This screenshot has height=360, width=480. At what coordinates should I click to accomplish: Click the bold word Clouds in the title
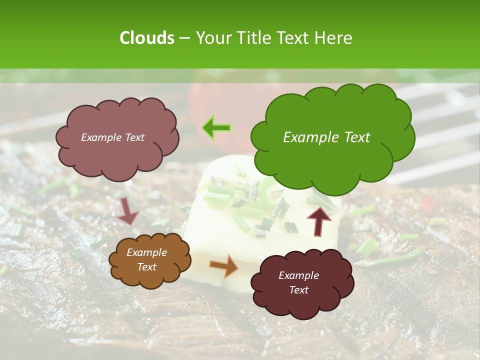pyautogui.click(x=146, y=38)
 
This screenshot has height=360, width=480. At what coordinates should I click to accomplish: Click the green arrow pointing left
pyautogui.click(x=216, y=128)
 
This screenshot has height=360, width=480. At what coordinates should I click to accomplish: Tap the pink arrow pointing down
pyautogui.click(x=127, y=211)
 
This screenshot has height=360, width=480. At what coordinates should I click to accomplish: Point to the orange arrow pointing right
pyautogui.click(x=224, y=265)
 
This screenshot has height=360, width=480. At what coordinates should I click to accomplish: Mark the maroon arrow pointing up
pyautogui.click(x=319, y=220)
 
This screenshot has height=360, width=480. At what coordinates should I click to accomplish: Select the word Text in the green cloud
pyautogui.click(x=356, y=137)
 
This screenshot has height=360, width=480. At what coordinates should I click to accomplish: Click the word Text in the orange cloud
pyautogui.click(x=147, y=267)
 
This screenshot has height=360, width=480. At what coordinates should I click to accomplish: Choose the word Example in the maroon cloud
pyautogui.click(x=298, y=275)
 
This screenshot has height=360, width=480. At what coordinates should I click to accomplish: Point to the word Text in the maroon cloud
pyautogui.click(x=298, y=290)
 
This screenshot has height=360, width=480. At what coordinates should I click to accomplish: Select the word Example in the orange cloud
pyautogui.click(x=147, y=252)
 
